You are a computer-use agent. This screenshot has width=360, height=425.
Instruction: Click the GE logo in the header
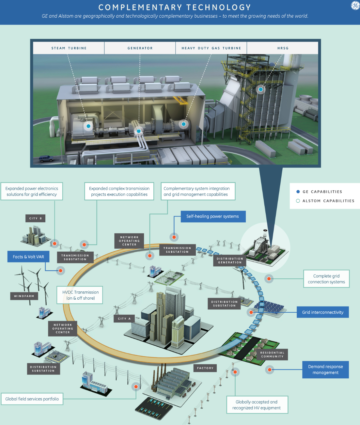click(355, 5)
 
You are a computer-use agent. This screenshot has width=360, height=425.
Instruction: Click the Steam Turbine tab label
click(69, 48)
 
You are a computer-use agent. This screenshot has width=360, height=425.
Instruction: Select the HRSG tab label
click(283, 48)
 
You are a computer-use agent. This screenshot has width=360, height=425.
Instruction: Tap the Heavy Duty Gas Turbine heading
click(211, 48)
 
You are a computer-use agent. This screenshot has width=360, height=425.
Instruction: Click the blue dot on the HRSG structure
click(261, 89)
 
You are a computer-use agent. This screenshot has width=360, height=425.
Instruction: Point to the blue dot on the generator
click(139, 131)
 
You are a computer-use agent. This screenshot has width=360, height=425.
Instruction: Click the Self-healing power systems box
click(212, 216)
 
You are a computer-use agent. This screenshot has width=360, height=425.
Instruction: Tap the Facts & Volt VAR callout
click(28, 257)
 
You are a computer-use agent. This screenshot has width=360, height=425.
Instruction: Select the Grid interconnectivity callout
click(322, 312)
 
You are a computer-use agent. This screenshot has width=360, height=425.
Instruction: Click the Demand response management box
click(325, 370)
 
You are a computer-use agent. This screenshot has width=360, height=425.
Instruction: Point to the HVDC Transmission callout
click(80, 295)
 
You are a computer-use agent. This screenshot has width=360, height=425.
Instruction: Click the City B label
click(35, 218)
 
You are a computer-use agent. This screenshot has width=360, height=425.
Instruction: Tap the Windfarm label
click(24, 296)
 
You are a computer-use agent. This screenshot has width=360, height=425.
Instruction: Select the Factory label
click(205, 368)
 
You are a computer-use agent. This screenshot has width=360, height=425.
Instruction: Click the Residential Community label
click(272, 354)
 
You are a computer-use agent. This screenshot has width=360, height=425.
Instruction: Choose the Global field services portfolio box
click(32, 399)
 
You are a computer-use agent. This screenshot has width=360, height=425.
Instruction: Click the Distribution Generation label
click(230, 260)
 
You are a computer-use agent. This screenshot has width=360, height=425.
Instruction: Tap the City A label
click(124, 319)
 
